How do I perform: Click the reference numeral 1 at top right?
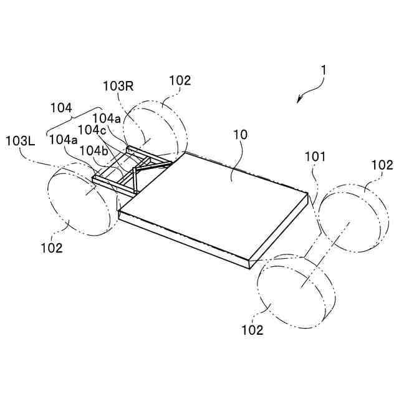click(323, 72)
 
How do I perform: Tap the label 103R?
click(118, 86)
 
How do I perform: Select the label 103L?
click(21, 140)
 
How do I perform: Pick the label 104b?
click(94, 150)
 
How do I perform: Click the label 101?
click(315, 157)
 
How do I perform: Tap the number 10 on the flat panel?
click(240, 135)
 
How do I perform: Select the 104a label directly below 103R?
click(107, 117)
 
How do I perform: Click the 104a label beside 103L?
click(64, 140)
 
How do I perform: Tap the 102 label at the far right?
click(382, 165)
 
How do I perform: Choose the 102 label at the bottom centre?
click(252, 330)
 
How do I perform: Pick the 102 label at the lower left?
click(52, 248)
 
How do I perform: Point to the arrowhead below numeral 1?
click(300, 99)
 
